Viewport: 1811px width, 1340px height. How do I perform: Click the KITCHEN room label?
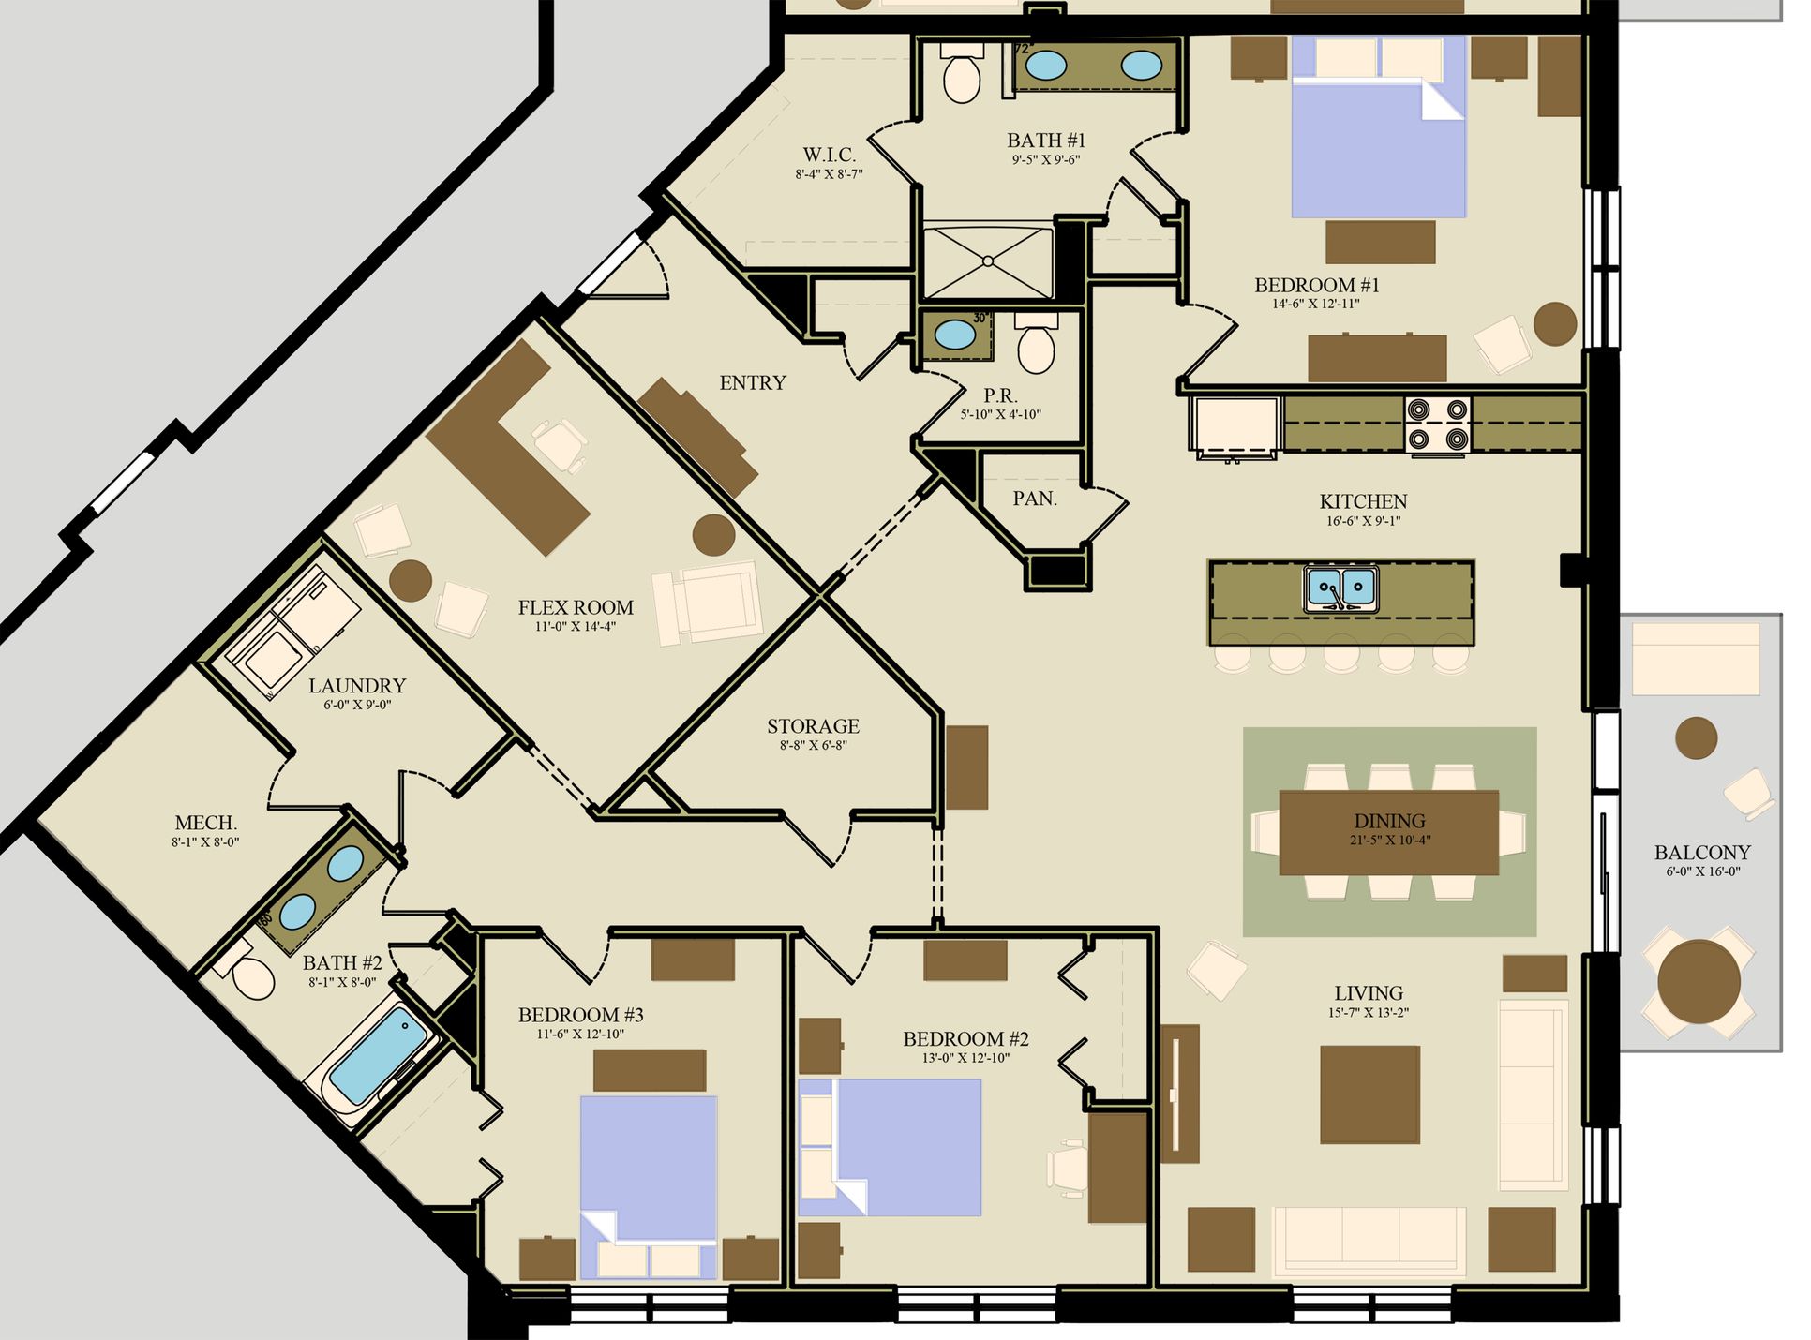point(1363,501)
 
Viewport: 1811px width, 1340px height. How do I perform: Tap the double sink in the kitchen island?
point(1340,588)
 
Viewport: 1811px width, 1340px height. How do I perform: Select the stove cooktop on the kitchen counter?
point(1437,424)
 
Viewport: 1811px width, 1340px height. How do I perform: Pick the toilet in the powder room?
point(1036,343)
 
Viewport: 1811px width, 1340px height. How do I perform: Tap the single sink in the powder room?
point(954,335)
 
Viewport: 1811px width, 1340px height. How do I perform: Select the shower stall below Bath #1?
point(988,261)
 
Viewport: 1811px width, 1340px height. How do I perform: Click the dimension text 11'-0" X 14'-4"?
point(576,626)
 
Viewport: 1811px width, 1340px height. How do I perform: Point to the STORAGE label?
point(813,726)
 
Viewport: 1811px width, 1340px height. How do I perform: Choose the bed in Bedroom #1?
point(1378,127)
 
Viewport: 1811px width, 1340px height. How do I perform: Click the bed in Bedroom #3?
point(649,1187)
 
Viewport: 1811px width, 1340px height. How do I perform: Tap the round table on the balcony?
point(1698,982)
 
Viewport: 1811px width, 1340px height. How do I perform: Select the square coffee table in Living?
point(1369,1094)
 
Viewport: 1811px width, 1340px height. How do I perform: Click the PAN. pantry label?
point(1035,499)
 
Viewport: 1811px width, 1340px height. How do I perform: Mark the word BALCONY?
point(1702,853)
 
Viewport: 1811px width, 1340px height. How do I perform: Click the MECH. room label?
point(205,823)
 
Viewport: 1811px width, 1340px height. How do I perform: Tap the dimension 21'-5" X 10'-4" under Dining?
point(1389,840)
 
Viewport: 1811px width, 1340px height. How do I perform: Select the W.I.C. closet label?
point(829,155)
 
